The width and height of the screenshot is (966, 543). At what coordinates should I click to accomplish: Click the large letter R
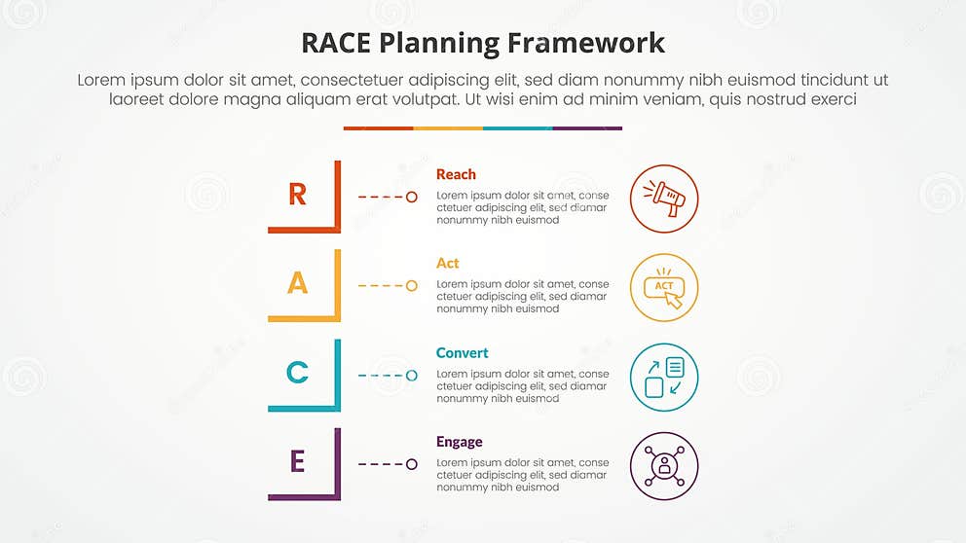[298, 195]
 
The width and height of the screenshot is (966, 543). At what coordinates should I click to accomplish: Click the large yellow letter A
[298, 283]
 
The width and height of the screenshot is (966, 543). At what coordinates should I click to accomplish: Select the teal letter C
[298, 373]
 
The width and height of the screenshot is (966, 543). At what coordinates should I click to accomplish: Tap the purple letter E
[298, 462]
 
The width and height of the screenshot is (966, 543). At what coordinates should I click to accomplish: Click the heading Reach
[456, 174]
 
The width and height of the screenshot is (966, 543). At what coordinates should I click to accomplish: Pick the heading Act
[448, 263]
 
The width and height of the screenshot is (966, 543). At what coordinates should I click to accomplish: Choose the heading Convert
[463, 352]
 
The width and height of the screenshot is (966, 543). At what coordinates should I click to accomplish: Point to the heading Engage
[459, 442]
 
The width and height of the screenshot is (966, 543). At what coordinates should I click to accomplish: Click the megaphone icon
[665, 199]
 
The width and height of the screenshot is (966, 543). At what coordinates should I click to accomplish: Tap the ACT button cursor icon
[665, 288]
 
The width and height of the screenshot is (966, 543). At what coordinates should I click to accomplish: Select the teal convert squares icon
[665, 377]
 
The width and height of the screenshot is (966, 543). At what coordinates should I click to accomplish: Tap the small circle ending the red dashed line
[412, 197]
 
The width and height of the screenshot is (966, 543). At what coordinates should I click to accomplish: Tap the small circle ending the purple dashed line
[412, 464]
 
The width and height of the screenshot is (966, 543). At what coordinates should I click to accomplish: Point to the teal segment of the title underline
[517, 127]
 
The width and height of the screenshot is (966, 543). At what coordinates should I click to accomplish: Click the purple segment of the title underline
[587, 127]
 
